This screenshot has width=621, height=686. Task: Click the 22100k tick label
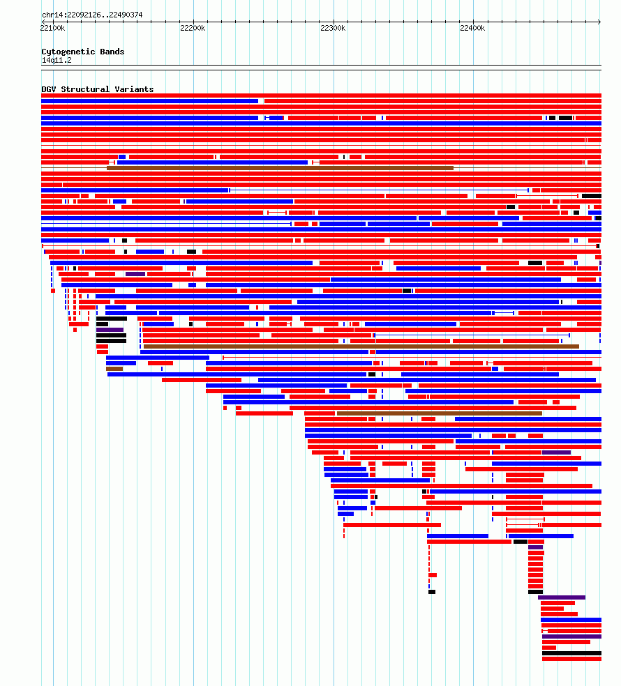52,28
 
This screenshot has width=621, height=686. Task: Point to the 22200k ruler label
193,28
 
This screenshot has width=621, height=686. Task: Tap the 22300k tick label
333,28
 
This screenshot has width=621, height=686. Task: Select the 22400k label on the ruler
472,28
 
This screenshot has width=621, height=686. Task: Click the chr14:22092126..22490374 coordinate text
92,15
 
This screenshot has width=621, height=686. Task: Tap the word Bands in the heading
112,52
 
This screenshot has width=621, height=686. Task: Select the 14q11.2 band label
57,61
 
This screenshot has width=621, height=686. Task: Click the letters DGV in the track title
49,89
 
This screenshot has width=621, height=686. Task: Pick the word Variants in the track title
134,89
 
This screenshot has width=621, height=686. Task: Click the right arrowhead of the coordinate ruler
599,22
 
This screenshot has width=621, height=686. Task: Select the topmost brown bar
280,168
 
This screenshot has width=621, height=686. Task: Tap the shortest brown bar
114,369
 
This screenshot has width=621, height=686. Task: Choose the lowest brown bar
440,413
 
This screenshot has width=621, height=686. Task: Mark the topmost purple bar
135,274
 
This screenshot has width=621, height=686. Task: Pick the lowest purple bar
572,637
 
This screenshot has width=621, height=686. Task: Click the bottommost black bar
572,653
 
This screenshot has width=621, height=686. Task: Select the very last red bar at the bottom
572,659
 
